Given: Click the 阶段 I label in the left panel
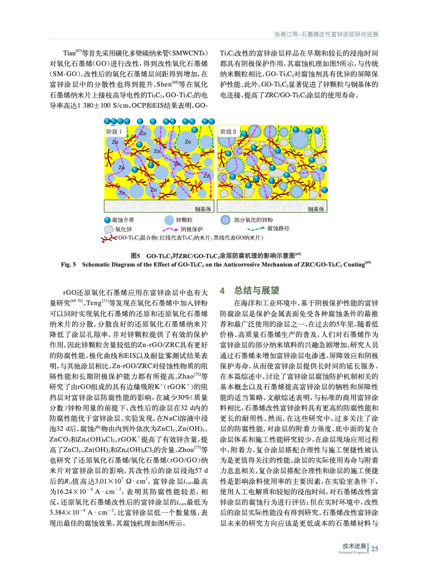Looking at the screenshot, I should [114, 132].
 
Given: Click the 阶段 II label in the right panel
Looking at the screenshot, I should [228, 132].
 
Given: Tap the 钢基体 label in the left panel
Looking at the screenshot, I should [203, 209].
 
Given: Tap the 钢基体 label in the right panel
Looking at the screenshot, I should [316, 209].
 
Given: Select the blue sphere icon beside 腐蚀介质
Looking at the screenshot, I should [107, 220].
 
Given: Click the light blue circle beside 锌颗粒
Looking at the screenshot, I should [169, 220].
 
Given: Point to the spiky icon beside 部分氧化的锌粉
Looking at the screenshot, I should [225, 220].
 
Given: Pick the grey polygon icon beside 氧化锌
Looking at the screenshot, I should [109, 229].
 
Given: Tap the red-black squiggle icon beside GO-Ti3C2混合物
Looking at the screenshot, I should [109, 238].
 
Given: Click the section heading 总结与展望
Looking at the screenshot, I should [257, 290].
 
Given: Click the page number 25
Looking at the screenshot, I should [375, 549].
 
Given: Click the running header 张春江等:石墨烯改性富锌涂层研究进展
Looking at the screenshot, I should [326, 34].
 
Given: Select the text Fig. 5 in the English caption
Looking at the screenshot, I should [69, 265].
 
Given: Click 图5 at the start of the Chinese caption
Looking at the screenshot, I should [135, 256].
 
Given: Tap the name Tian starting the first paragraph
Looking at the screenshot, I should [69, 53].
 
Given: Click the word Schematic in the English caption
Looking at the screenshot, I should [95, 265].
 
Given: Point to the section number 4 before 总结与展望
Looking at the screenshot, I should [222, 291].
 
